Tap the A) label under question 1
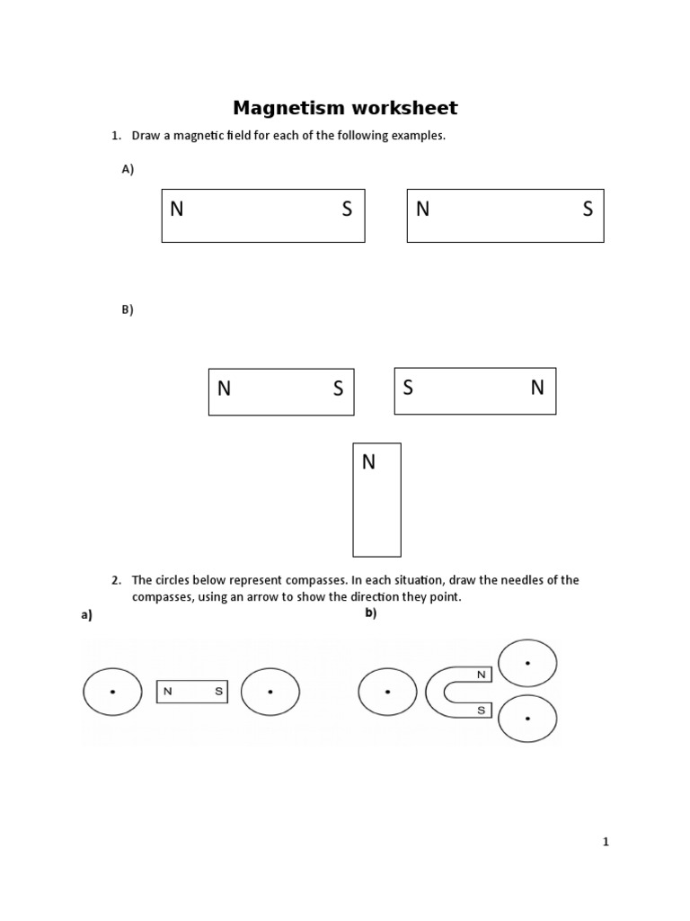coord(128,169)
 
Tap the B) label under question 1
coord(128,309)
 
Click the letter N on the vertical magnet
coord(368,462)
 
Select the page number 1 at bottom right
coord(606,842)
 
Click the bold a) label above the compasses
coord(87,616)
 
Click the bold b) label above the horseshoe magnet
coord(370,613)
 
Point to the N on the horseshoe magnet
coord(482,675)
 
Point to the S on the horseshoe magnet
coord(482,711)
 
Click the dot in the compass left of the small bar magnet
coord(112,692)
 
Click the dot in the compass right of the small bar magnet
coord(270,692)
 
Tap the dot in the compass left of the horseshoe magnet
coord(387,692)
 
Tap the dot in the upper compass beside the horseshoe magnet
coord(527,664)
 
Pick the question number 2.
coord(116,580)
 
